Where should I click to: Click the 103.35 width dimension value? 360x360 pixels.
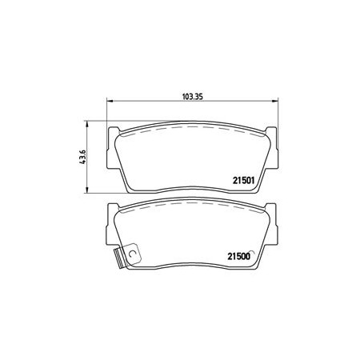click(193, 97)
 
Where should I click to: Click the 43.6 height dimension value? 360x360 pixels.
click(83, 157)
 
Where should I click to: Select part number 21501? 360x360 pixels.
click(244, 181)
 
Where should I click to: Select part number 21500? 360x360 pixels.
click(239, 256)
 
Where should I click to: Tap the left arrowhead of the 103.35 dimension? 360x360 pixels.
click(110, 101)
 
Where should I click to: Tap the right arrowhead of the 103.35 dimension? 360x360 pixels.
click(274, 101)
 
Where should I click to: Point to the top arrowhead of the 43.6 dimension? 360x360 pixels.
click(86, 124)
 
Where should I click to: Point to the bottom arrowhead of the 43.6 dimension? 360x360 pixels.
click(86, 190)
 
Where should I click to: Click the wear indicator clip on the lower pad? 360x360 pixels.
click(128, 255)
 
